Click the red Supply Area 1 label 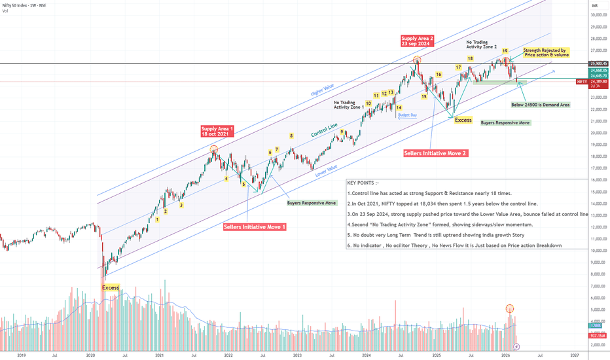(217, 132)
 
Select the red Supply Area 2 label (418, 41)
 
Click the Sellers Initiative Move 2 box (435, 153)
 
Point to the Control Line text (325, 129)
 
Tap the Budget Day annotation (407, 115)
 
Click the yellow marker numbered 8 (292, 135)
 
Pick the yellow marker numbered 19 (505, 50)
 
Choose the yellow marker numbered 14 (399, 107)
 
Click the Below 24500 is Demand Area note (540, 104)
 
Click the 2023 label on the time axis (297, 355)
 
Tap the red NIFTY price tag (581, 82)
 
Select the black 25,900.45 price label (596, 63)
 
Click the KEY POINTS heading (363, 183)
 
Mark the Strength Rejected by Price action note (545, 52)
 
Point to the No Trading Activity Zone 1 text (348, 104)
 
